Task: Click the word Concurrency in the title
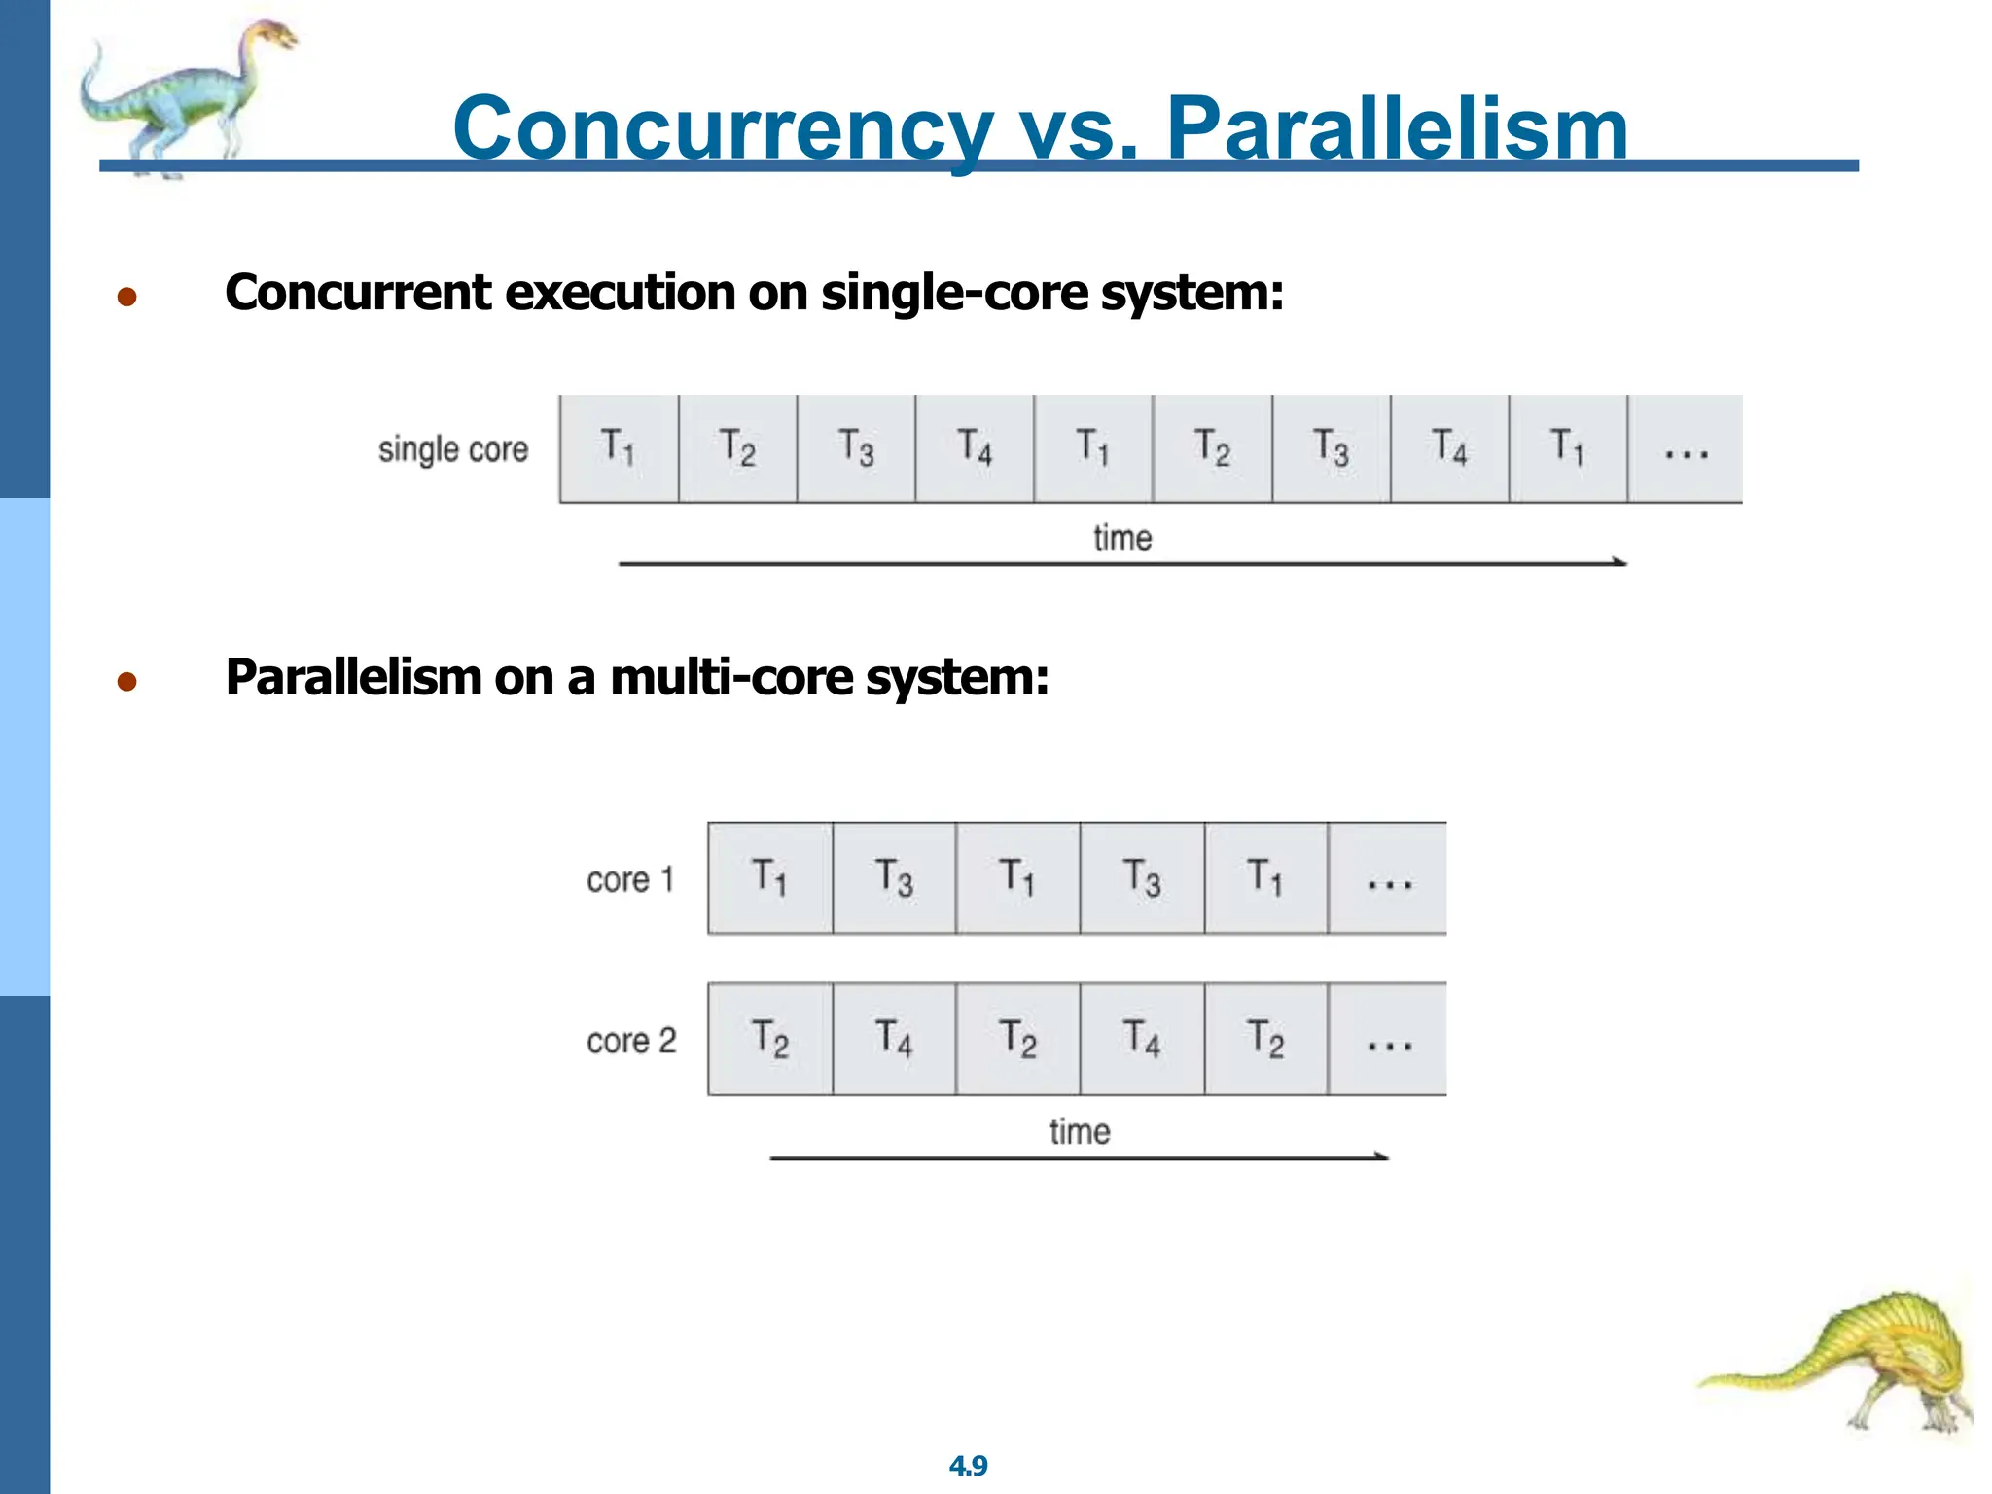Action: coord(723,128)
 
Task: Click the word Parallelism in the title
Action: coord(1397,128)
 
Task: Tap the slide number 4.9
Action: coord(968,1465)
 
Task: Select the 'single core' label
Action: coord(452,449)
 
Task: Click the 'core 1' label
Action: coord(629,879)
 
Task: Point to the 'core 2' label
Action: coord(630,1040)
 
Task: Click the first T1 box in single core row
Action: coord(619,448)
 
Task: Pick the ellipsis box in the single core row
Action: coord(1685,449)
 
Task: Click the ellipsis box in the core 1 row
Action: coord(1388,878)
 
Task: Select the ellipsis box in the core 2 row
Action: coord(1388,1039)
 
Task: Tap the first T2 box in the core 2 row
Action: coord(769,1039)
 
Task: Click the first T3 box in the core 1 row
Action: coord(894,878)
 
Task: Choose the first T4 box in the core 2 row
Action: coord(894,1039)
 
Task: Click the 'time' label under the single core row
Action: coord(1122,538)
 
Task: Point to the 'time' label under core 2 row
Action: coord(1080,1131)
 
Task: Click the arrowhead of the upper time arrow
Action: coord(1619,562)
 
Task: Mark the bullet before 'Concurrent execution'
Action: coord(126,297)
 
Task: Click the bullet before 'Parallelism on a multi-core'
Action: coord(126,681)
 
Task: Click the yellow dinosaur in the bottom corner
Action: coord(1867,1362)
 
